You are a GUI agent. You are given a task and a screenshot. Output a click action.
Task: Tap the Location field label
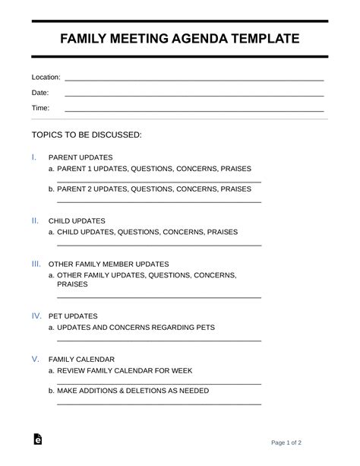pyautogui.click(x=46, y=78)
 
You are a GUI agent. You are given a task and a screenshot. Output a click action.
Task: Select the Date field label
pyautogui.click(x=39, y=93)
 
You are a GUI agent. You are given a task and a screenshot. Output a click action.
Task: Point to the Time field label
pyautogui.click(x=40, y=108)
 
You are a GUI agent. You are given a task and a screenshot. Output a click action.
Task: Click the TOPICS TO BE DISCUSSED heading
pyautogui.click(x=87, y=135)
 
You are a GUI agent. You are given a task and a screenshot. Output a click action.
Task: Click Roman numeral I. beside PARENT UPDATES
pyautogui.click(x=34, y=157)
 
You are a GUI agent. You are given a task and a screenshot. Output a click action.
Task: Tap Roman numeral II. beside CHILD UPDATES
pyautogui.click(x=35, y=220)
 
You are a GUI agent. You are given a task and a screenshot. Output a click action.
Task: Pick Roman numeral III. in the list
pyautogui.click(x=36, y=264)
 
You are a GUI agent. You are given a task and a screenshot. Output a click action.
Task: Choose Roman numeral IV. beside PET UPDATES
pyautogui.click(x=36, y=315)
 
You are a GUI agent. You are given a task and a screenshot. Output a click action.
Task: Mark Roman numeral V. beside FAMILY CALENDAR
pyautogui.click(x=35, y=358)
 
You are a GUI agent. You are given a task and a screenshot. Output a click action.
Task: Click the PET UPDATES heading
pyautogui.click(x=73, y=315)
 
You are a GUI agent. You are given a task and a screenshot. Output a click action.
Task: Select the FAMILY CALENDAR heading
pyautogui.click(x=81, y=359)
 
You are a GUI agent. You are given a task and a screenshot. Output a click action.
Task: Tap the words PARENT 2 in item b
pyautogui.click(x=78, y=189)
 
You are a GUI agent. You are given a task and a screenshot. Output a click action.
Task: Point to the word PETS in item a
pyautogui.click(x=205, y=328)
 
